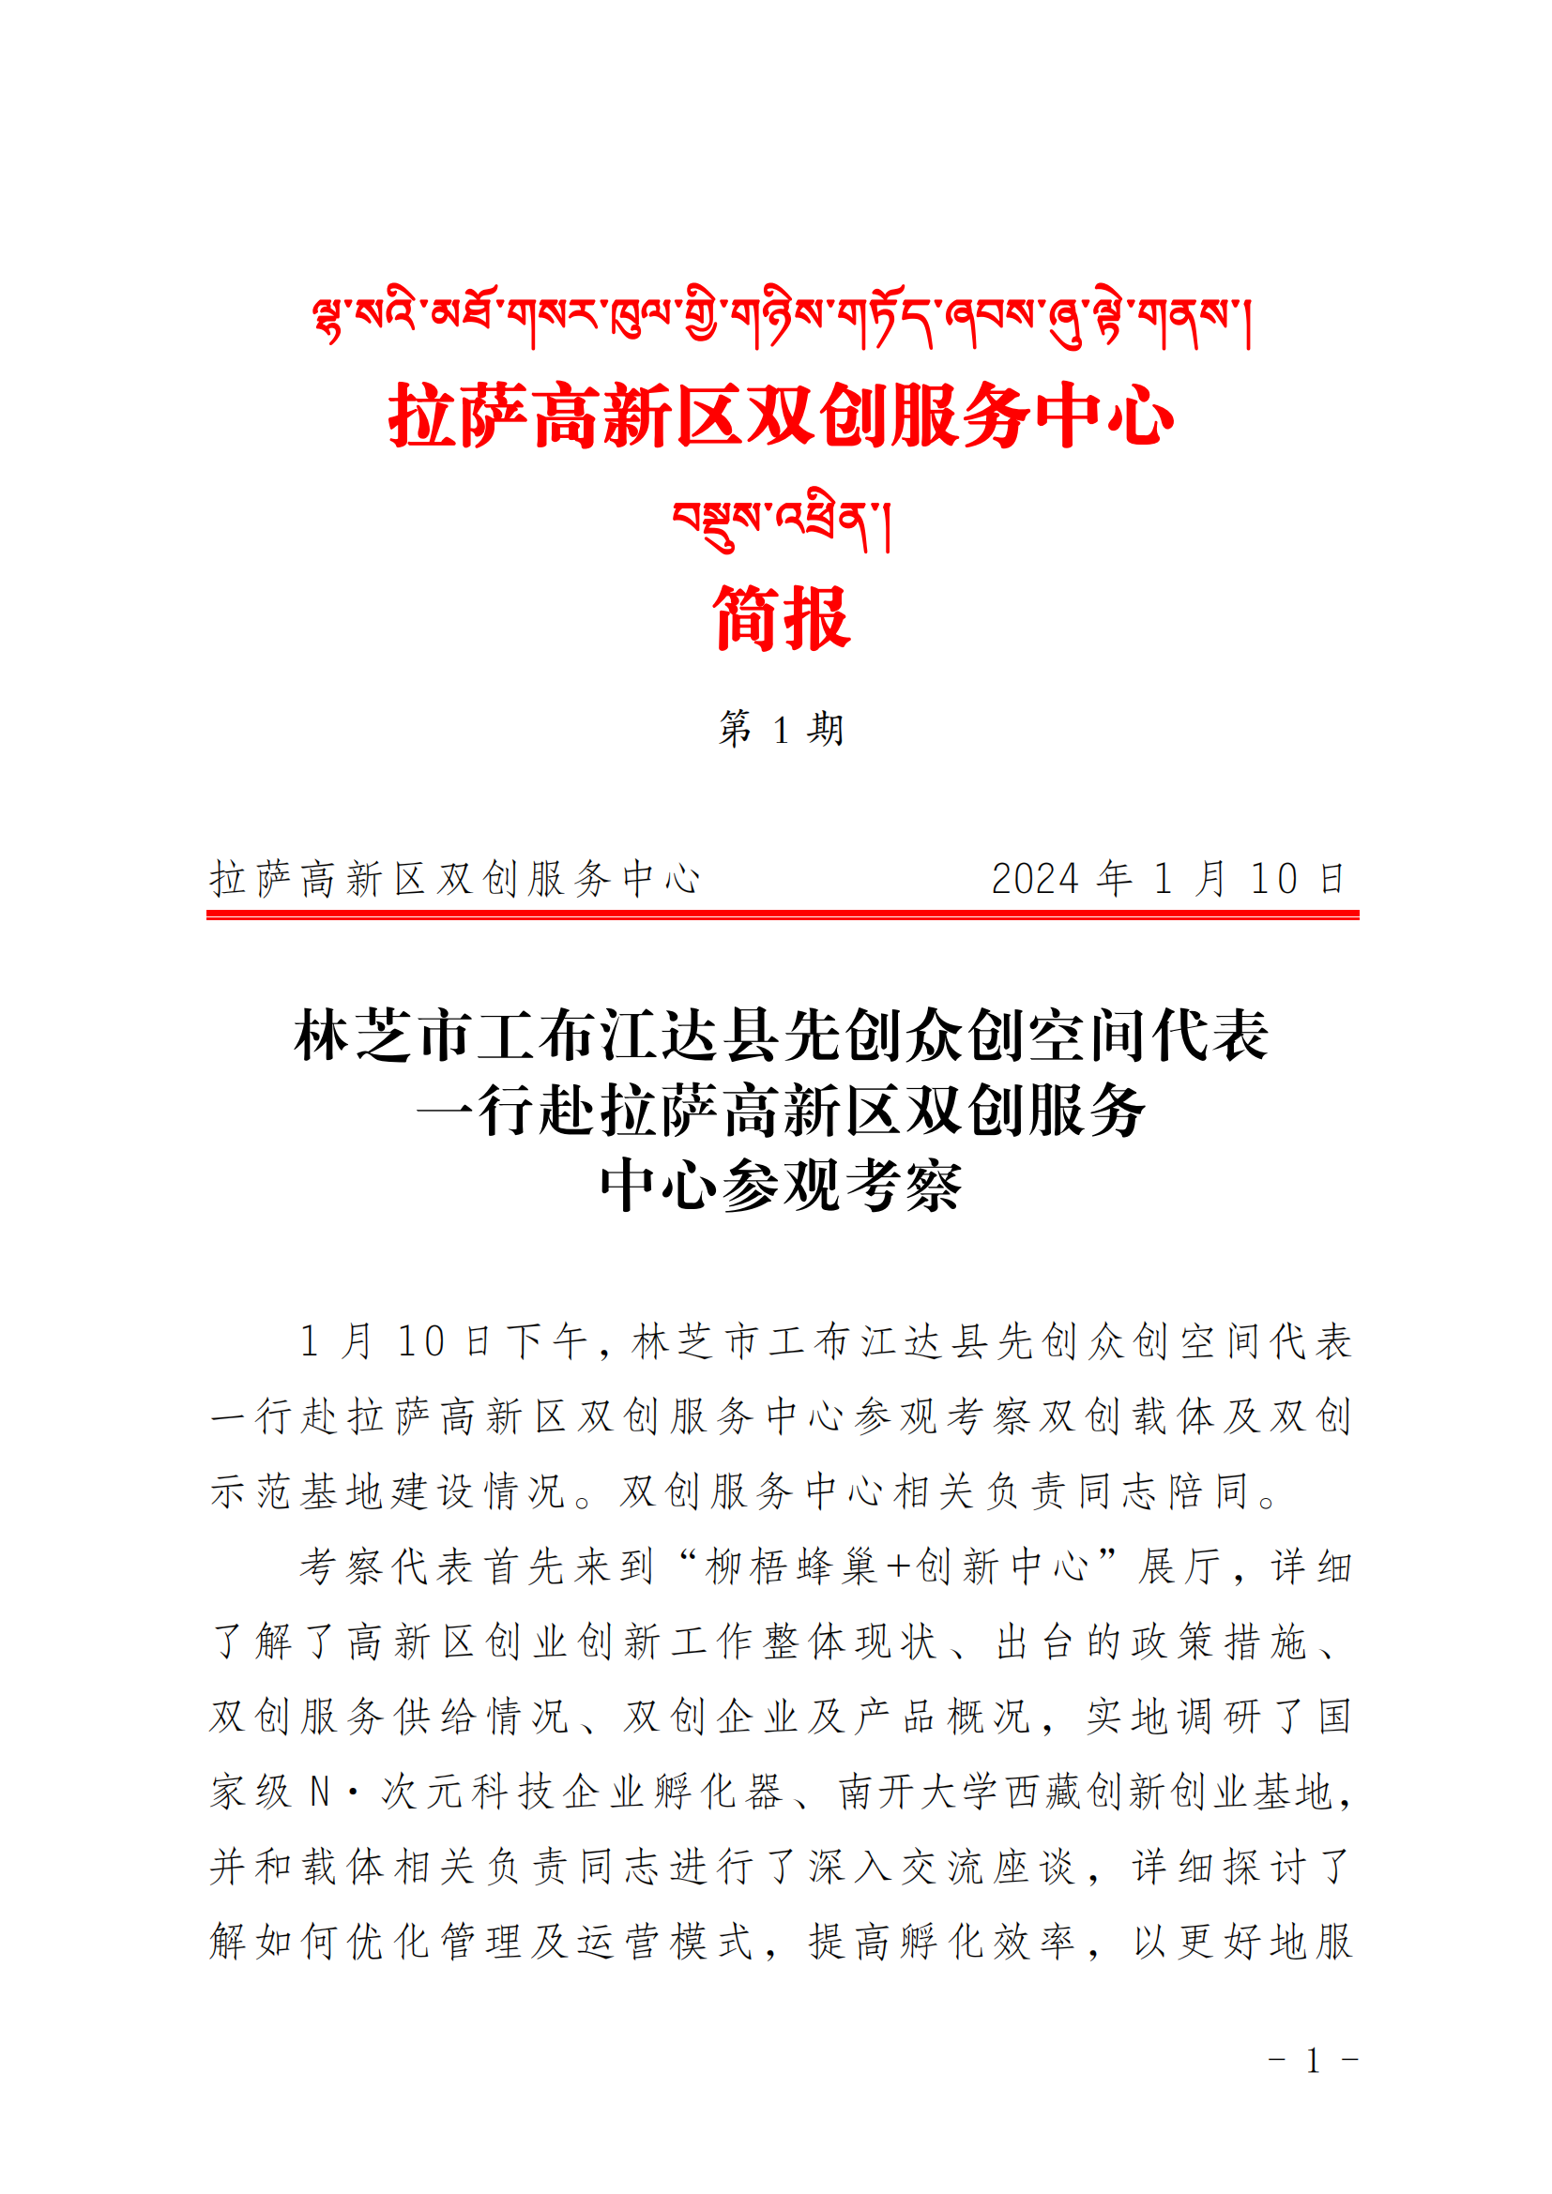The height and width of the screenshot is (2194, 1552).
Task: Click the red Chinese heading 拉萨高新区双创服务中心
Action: [x=780, y=416]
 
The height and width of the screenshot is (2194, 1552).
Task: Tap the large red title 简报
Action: [x=780, y=618]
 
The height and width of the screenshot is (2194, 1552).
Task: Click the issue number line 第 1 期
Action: [x=780, y=729]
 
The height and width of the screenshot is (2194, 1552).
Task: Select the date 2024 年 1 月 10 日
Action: [x=1167, y=878]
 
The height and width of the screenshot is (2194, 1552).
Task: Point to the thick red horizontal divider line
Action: [x=782, y=915]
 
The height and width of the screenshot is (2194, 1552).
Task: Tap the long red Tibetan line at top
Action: [x=780, y=319]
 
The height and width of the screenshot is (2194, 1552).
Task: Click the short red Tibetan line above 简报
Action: [x=780, y=521]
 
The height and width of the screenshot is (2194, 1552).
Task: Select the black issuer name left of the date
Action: [x=455, y=878]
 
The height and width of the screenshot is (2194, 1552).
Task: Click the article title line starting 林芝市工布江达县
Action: [x=780, y=1035]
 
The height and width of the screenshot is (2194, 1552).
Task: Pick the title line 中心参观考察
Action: [x=780, y=1186]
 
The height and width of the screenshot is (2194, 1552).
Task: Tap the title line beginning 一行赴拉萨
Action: [x=780, y=1111]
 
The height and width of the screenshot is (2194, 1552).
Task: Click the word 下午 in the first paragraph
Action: [x=547, y=1341]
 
